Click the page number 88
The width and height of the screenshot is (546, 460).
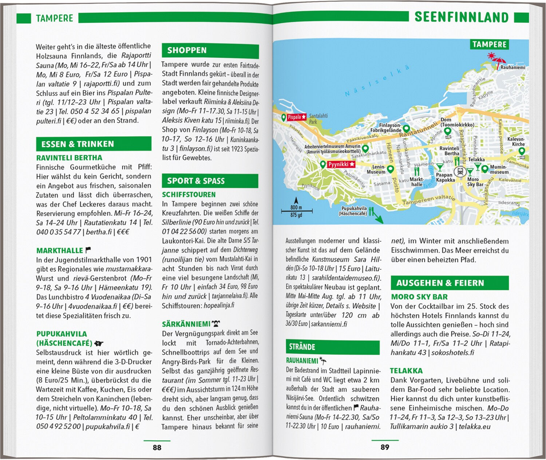pos(157,447)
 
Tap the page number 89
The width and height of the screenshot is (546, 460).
pos(385,447)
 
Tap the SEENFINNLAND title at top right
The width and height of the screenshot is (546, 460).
pos(461,17)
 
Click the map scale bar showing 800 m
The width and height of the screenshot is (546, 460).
pos(296,210)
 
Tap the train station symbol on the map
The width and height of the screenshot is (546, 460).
pos(460,171)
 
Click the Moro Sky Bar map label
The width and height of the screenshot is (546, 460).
pos(475,182)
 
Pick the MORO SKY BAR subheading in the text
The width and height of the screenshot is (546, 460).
pos(419,297)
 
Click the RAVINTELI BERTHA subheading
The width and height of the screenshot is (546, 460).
pos(69,158)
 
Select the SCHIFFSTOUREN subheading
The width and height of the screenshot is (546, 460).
pos(189,195)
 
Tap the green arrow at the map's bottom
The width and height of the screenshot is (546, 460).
pos(379,219)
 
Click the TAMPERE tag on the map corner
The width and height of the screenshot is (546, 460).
pos(489,45)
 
